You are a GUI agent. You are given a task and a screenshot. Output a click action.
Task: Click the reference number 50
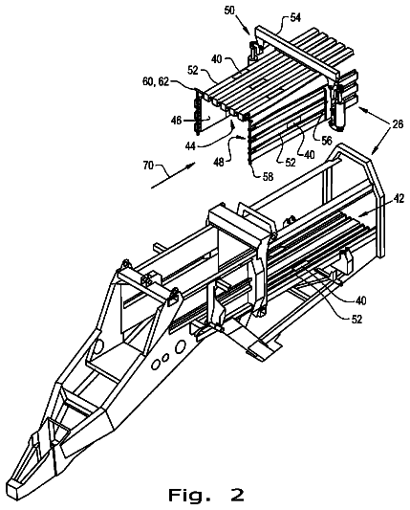(x=229, y=11)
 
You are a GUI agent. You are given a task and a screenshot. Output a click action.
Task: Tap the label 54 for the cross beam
(x=295, y=17)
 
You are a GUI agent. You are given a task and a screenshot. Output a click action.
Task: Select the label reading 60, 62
(x=156, y=81)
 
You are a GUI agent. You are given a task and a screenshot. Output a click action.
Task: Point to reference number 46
(x=177, y=121)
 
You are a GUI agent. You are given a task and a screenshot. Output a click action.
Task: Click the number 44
(x=190, y=146)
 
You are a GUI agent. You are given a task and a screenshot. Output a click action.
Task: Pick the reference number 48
(x=219, y=162)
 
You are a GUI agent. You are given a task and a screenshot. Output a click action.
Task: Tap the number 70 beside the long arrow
(x=148, y=166)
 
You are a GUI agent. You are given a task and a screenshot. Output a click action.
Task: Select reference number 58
(x=268, y=177)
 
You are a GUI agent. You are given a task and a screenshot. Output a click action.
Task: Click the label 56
(x=327, y=141)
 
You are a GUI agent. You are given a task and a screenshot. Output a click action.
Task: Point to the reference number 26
(x=398, y=124)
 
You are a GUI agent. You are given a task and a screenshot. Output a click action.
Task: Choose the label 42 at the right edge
(x=399, y=198)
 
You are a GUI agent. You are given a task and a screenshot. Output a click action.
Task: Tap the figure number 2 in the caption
(x=236, y=495)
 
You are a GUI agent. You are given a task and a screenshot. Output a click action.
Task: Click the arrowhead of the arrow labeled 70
(x=192, y=164)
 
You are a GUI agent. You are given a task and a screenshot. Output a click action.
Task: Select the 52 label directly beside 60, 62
(x=193, y=70)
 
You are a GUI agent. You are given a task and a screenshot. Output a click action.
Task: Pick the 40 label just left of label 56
(x=309, y=154)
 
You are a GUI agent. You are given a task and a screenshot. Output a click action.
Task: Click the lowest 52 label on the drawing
(x=356, y=319)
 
